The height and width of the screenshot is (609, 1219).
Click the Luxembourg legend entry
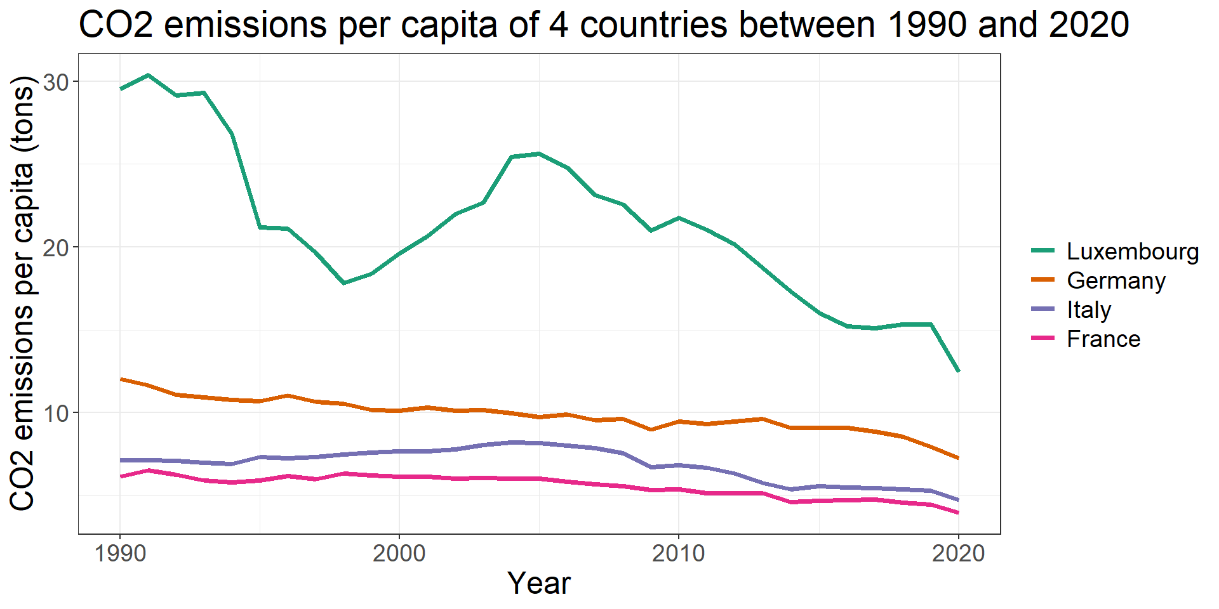click(1132, 252)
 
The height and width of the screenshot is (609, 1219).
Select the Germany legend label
click(1116, 281)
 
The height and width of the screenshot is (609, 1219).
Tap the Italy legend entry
click(1088, 310)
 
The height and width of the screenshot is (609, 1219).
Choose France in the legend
click(1103, 339)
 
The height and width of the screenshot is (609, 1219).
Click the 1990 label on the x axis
click(120, 554)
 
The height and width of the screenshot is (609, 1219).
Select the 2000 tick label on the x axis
click(399, 554)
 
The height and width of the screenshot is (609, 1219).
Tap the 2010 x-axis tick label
click(679, 554)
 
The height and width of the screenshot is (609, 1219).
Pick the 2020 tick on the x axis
click(958, 554)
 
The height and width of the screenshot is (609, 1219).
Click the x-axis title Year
click(539, 584)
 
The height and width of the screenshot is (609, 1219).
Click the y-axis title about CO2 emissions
click(23, 293)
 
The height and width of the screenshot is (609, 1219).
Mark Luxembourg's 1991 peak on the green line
click(148, 75)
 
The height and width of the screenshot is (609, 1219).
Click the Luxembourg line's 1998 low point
click(343, 283)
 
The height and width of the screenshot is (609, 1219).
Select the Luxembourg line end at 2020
click(958, 370)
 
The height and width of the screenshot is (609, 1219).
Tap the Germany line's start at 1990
click(121, 379)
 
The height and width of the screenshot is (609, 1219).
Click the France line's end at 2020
click(958, 513)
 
